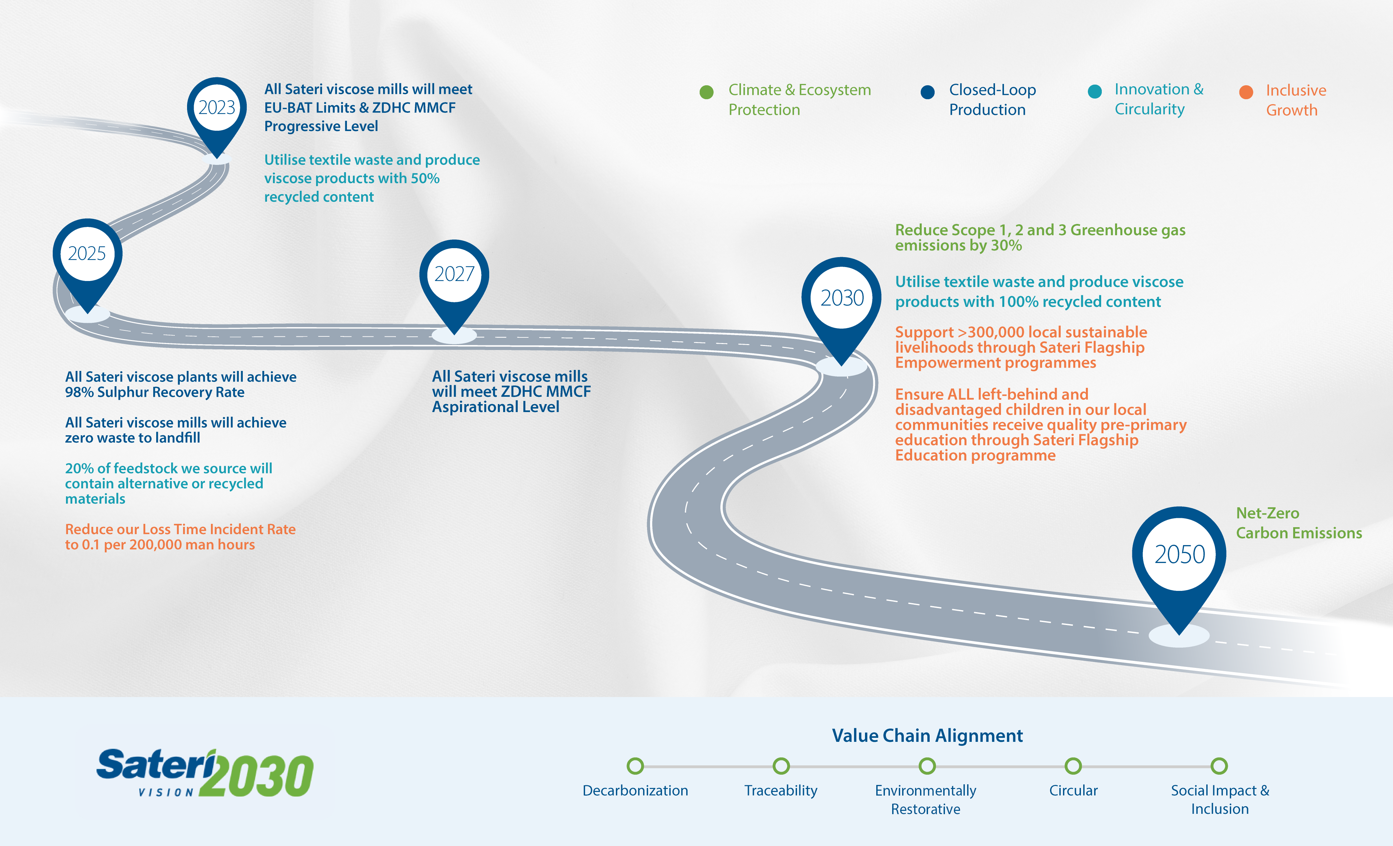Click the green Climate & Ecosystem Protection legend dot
[x=706, y=92]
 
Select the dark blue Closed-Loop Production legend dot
[x=927, y=92]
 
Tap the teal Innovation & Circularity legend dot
[x=1094, y=92]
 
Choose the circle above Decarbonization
[x=635, y=766]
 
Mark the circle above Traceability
[x=781, y=766]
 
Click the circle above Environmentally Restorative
[x=927, y=766]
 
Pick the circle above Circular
[x=1073, y=766]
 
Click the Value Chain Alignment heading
[x=927, y=736]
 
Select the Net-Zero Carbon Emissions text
[x=1298, y=523]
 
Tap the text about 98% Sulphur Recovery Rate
[x=180, y=385]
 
